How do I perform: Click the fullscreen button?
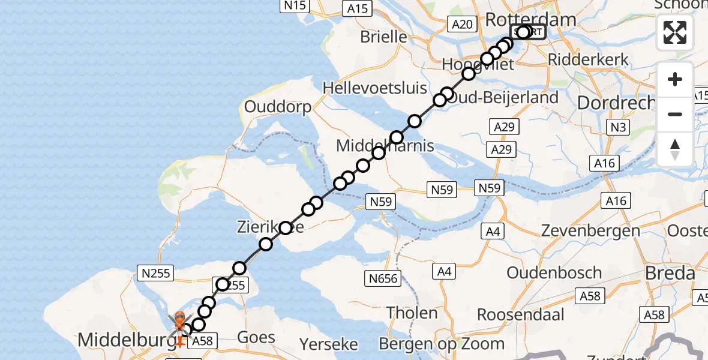coord(675,32)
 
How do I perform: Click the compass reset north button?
coord(675,149)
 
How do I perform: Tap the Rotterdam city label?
coord(530,19)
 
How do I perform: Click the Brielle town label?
coord(383,37)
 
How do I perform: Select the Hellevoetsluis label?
coord(375,88)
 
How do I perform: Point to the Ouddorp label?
coord(278,107)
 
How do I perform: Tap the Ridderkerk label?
coord(588,59)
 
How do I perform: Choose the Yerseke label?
coord(329,344)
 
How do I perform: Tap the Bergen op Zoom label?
coord(442,344)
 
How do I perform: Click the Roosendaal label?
coord(521,314)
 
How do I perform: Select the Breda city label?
coord(670,274)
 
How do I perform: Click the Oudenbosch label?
coord(554,272)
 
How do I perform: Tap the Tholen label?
coord(412,313)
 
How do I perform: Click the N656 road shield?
coord(383,278)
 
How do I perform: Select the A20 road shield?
coord(461,24)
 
